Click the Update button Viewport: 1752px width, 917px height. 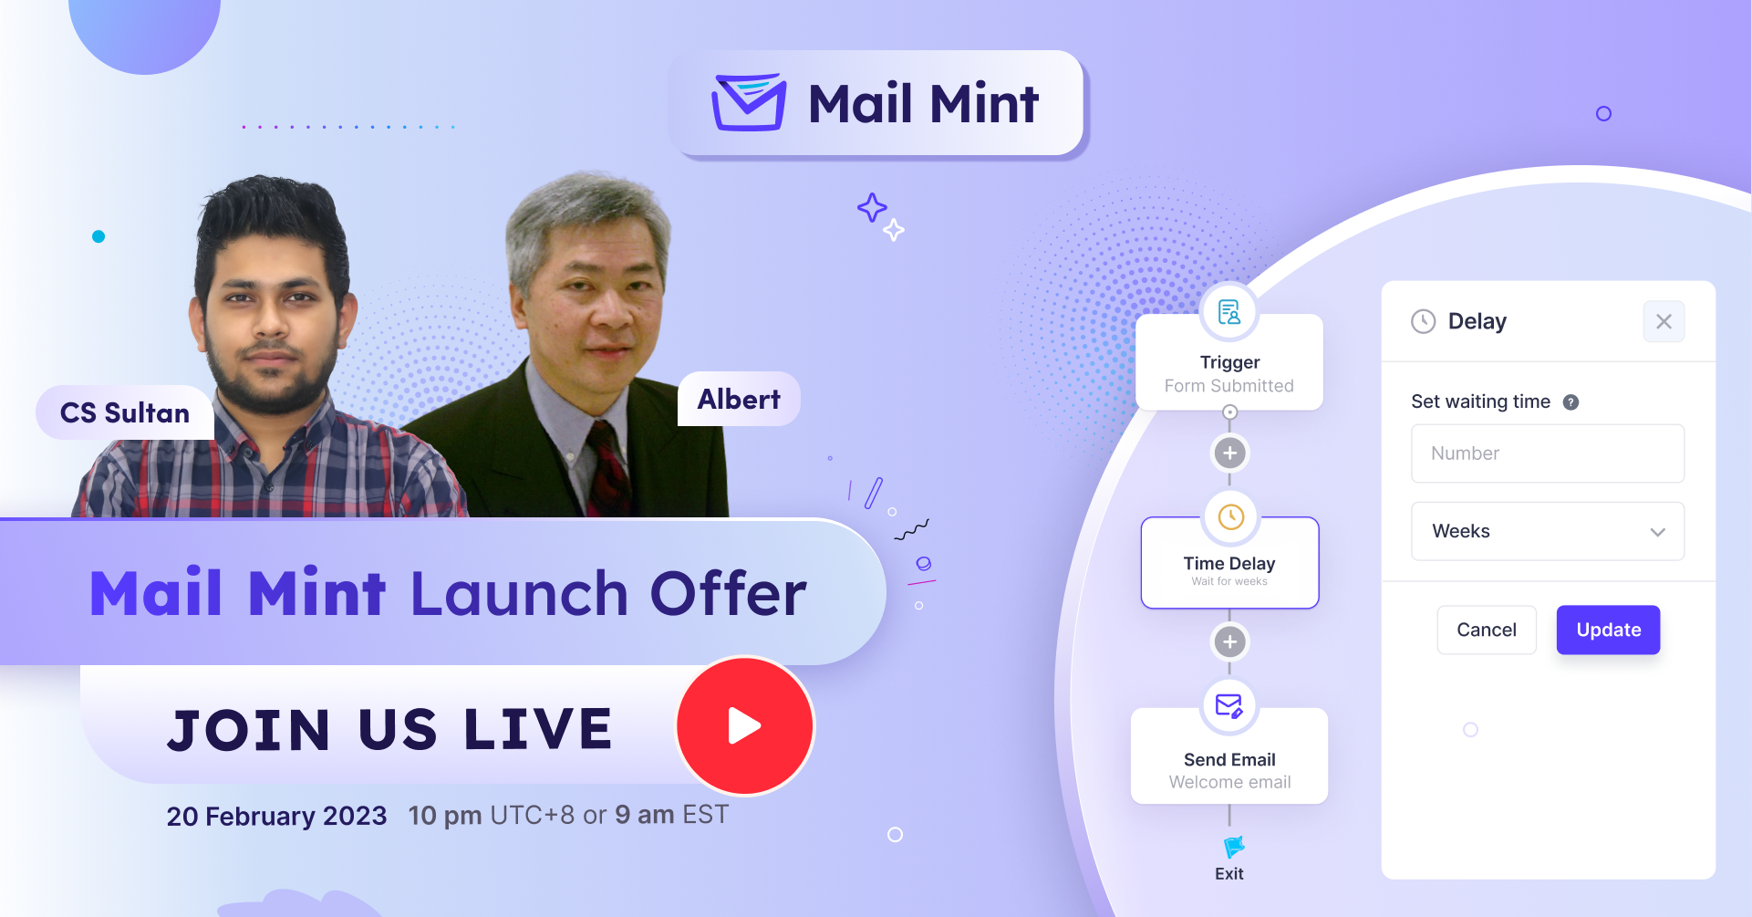coord(1608,630)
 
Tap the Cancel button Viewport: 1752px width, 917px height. coord(1487,630)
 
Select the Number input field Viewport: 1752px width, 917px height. coord(1548,453)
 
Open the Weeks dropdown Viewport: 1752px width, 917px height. coord(1548,531)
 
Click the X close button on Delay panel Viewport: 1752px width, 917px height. coord(1664,321)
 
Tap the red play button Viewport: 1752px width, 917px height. coord(745,726)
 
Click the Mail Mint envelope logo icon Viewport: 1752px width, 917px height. coord(749,102)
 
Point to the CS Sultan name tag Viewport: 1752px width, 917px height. coord(125,412)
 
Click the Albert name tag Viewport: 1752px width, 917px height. coord(739,399)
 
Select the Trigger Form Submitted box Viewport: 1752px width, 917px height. coord(1229,362)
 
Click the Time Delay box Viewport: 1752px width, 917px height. coord(1229,563)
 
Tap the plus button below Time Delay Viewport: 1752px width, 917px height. coord(1229,642)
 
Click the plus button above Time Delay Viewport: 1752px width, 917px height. coord(1229,453)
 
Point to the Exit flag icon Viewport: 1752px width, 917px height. coord(1233,847)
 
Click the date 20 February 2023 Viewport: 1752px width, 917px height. coord(276,816)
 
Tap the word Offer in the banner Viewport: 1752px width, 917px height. coord(728,594)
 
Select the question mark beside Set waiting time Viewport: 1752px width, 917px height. coord(1571,402)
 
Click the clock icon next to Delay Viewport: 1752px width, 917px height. coord(1423,321)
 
